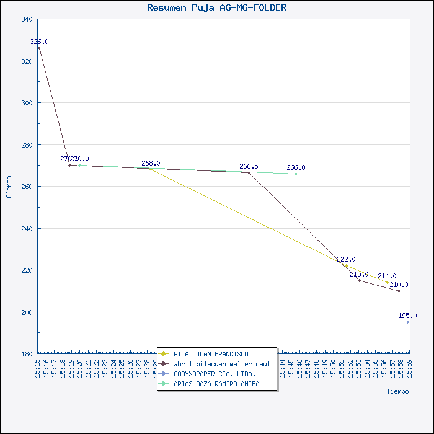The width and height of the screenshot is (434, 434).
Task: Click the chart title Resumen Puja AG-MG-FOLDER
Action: coord(216,8)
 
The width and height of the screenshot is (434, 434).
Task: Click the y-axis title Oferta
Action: coord(9,187)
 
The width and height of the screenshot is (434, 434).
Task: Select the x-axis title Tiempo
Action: coord(397,391)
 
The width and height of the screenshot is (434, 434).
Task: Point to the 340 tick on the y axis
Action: coord(27,20)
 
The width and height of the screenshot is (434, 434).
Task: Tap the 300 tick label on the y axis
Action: coord(27,103)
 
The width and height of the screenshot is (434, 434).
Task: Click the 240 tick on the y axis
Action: coord(27,229)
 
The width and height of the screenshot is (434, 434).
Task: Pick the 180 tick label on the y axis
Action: coord(27,354)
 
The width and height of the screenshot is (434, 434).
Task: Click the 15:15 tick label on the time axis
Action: coord(38,368)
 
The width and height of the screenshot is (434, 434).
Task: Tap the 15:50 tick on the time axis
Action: coord(332,368)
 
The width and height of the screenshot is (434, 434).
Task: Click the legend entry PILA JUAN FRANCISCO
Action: coord(211,354)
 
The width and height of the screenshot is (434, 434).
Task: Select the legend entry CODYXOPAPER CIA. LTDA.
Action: coord(215,374)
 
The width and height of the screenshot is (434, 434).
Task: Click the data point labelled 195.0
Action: coord(407,322)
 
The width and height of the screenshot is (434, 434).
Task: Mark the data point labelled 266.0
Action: coord(296,174)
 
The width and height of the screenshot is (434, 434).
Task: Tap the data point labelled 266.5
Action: coord(249,172)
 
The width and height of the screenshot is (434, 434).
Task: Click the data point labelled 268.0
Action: coord(151,169)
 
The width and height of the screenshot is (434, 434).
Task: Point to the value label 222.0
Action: coord(346,259)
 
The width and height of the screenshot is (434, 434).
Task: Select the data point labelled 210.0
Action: coord(399,291)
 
